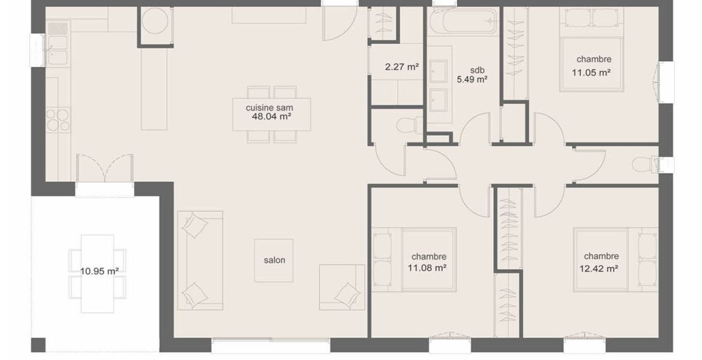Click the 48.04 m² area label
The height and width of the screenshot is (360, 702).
(x=272, y=117)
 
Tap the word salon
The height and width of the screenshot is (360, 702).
(x=274, y=260)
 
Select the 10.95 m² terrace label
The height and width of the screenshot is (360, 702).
(x=100, y=271)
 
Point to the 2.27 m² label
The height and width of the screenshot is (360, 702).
(x=401, y=67)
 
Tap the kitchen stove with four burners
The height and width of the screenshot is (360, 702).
(x=58, y=120)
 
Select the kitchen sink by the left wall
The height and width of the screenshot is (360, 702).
(x=57, y=50)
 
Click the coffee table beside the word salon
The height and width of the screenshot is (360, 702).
(x=274, y=260)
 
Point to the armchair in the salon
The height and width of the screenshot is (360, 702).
(x=342, y=287)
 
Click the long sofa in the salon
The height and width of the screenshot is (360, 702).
(x=200, y=260)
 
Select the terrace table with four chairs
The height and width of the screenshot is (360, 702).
(x=97, y=274)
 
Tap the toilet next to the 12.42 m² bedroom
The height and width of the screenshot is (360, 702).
(x=644, y=164)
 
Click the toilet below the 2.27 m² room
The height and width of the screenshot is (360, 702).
(x=409, y=125)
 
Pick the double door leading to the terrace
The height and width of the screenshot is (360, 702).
(x=105, y=168)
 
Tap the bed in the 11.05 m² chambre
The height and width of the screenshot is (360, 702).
(x=592, y=50)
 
